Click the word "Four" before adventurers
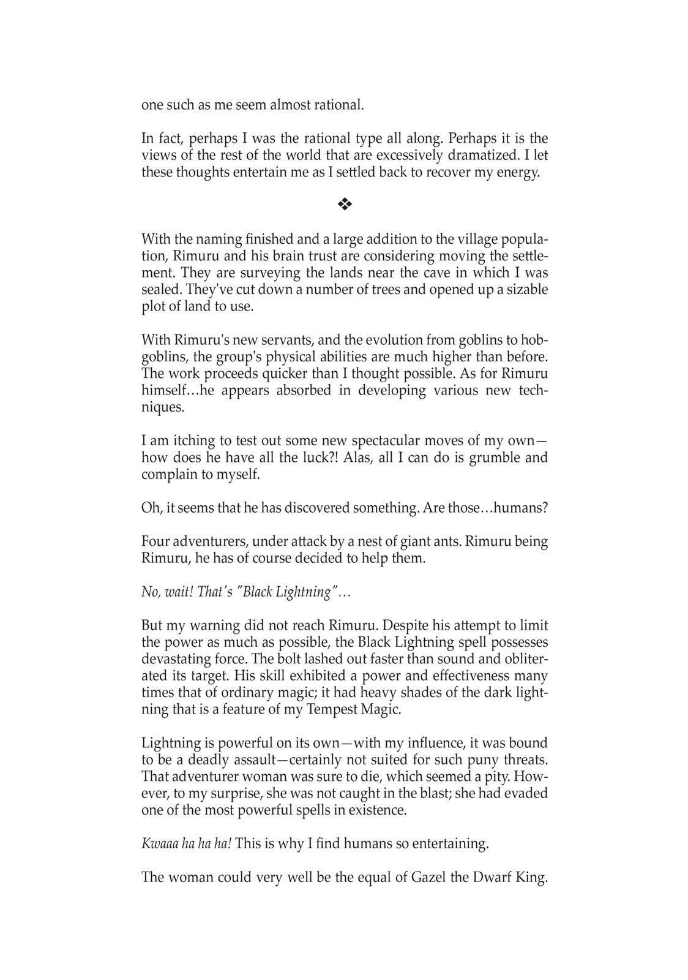click(155, 541)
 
